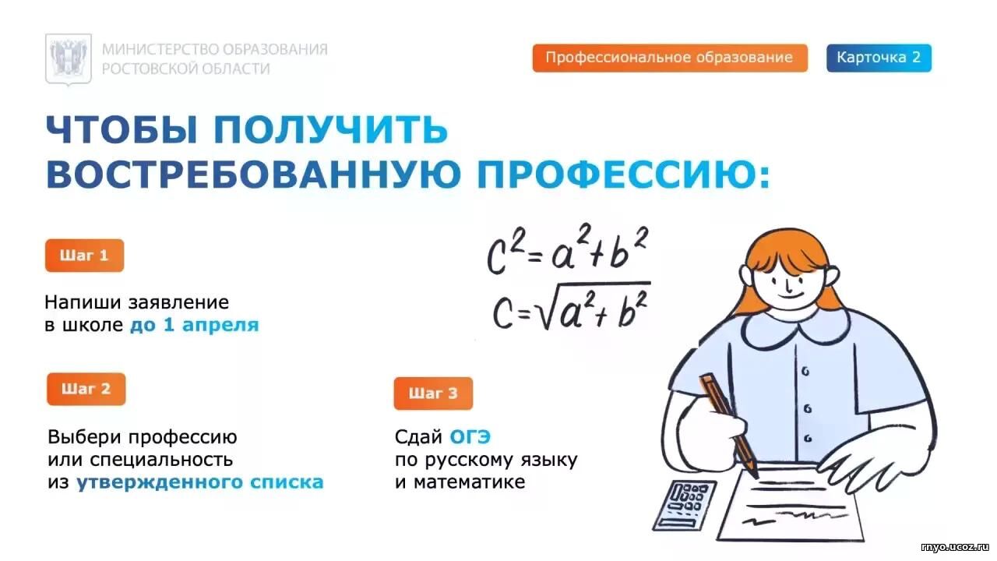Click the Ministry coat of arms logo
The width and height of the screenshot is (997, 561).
[x=69, y=59]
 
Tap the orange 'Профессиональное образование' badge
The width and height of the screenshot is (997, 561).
[x=670, y=58]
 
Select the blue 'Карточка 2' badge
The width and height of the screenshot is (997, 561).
[x=879, y=58]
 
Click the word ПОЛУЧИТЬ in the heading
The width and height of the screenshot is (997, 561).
[x=331, y=129]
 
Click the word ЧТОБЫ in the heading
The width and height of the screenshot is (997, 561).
[x=122, y=129]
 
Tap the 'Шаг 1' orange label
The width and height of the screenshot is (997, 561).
[x=85, y=256]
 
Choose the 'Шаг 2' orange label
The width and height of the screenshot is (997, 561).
[x=86, y=389]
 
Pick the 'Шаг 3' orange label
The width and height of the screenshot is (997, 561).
[x=433, y=393]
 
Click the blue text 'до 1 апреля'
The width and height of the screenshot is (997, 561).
[x=194, y=325]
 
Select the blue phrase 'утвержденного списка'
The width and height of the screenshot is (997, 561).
[x=200, y=482]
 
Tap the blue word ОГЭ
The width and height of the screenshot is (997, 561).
[x=470, y=437]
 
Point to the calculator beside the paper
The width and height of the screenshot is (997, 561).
[x=685, y=506]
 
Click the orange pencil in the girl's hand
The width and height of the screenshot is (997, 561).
[x=728, y=425]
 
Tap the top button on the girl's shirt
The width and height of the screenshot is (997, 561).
[x=805, y=371]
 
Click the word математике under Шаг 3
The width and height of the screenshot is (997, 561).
[x=469, y=482]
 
